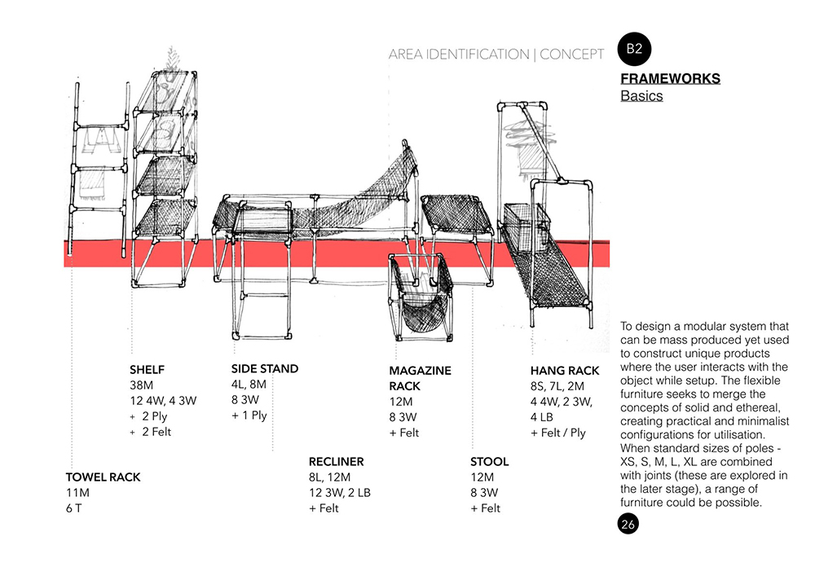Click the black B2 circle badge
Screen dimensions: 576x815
tap(635, 48)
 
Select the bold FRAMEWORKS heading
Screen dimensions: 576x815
tap(670, 79)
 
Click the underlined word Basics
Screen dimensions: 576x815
tap(641, 96)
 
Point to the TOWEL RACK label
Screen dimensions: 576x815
tap(103, 477)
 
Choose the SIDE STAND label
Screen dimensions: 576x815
tap(265, 369)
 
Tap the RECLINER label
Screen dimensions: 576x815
tap(336, 462)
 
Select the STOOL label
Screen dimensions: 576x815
tap(489, 462)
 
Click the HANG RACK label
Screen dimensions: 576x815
tap(565, 371)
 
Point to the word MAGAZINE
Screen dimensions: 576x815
tap(420, 371)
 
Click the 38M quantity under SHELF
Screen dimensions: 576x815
tap(141, 385)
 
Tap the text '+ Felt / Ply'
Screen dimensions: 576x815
tap(558, 433)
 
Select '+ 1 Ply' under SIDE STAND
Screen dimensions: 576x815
tap(249, 416)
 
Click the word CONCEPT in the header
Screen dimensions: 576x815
tap(572, 55)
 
